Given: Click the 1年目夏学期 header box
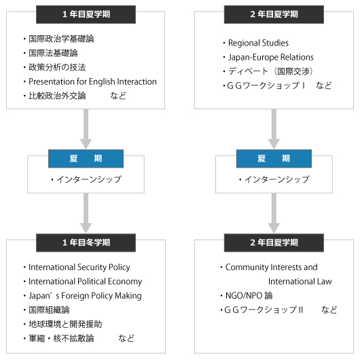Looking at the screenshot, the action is [x=86, y=14].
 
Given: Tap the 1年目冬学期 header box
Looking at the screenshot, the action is [x=86, y=243].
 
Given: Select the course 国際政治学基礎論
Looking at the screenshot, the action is [x=61, y=39].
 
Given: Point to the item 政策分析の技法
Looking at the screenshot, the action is [x=57, y=67].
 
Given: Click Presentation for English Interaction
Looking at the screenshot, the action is [x=92, y=81].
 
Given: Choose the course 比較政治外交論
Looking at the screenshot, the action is [x=57, y=96].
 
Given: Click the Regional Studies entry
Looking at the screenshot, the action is [x=258, y=43].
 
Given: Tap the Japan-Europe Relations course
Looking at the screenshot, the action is [x=271, y=57].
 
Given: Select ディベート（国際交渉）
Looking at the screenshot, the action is [x=270, y=71].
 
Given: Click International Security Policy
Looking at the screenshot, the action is [x=79, y=267].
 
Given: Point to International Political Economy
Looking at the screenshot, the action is [x=86, y=282].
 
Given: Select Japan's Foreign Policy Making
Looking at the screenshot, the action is [x=85, y=296].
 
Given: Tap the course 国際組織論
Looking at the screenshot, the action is [x=49, y=310].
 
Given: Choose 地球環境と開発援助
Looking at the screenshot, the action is [x=65, y=324].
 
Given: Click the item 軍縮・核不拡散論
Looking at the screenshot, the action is [x=61, y=339].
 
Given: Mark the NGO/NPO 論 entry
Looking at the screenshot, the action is [x=249, y=296].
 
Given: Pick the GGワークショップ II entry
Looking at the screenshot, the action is [x=264, y=310].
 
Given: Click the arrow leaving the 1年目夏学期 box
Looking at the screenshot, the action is [x=86, y=129].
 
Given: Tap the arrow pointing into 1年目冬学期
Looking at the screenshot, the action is [x=86, y=214].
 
